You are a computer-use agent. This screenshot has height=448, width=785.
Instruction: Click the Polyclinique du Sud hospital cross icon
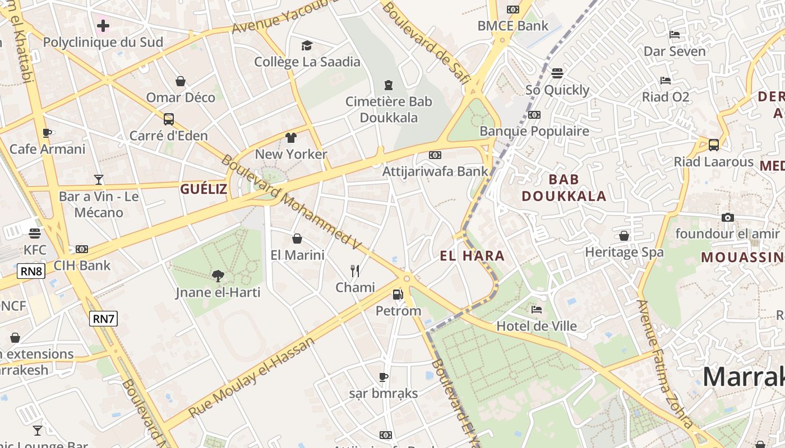coord(103,25)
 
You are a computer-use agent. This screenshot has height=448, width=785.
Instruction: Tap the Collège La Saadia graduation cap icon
coord(307,45)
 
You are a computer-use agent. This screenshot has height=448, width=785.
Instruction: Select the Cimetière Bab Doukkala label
coord(389,110)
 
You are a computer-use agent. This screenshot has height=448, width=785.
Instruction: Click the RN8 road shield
coord(31,272)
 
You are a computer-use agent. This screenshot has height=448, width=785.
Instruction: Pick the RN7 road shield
coord(104,319)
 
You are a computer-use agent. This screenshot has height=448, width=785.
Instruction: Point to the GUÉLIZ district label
coord(204,189)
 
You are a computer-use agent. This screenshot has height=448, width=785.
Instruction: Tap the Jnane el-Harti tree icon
coord(218,276)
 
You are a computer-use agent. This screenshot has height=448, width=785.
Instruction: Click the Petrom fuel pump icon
coord(398,294)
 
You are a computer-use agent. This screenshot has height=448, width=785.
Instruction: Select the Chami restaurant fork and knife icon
coord(355,271)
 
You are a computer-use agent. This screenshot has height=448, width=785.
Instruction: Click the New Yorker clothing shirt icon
coord(290,137)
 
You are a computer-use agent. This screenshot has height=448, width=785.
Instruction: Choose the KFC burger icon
coord(35,233)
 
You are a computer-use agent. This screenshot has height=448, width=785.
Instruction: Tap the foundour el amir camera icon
coord(727,217)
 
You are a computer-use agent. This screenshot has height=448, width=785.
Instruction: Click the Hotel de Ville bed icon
coord(537,309)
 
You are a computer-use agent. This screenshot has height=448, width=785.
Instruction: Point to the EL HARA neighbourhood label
coord(472,256)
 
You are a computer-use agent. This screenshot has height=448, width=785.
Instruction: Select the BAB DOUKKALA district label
coord(564,188)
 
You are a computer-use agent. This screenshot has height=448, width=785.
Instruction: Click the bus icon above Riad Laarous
coord(713,145)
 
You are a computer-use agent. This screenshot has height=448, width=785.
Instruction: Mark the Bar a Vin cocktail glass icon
coord(99,180)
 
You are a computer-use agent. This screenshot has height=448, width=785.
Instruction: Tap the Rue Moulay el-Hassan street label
coord(252,377)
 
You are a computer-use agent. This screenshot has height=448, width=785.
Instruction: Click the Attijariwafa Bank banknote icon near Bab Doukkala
coord(435,155)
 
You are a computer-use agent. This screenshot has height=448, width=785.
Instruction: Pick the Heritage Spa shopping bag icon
coord(624,236)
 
